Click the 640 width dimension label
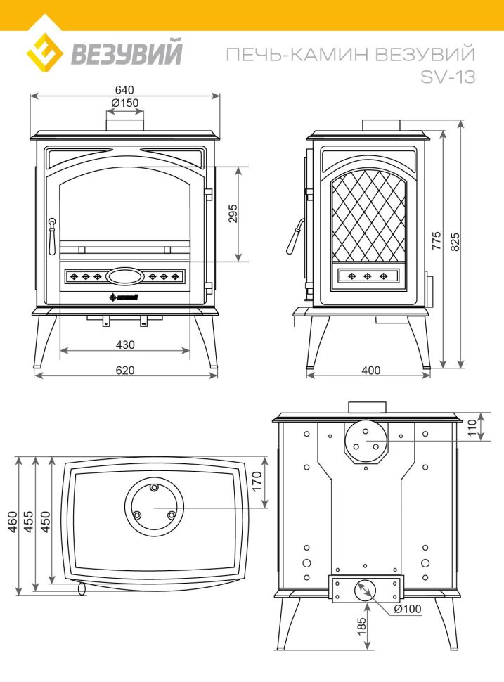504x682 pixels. tap(124, 89)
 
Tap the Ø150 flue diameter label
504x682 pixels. tap(125, 103)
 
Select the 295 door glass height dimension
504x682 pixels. tap(233, 214)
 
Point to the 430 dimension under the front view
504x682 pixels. tap(125, 345)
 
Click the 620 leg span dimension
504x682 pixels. tap(125, 370)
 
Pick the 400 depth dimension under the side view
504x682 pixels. tap(370, 370)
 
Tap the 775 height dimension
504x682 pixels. tap(436, 240)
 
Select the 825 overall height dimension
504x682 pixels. tap(455, 242)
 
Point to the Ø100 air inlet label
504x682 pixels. tap(408, 609)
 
